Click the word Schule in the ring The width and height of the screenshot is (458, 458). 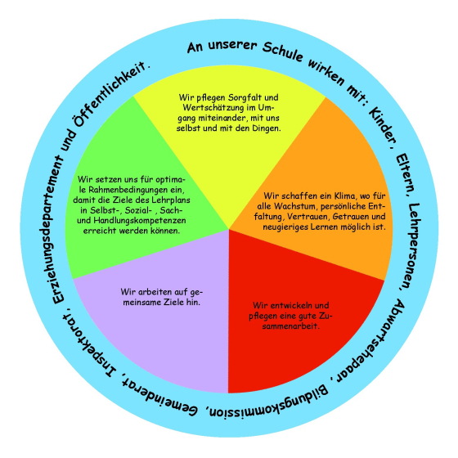coord(282,52)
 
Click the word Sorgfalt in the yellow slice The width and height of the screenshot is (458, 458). coord(245,97)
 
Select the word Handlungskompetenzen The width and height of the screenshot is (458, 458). coord(140,221)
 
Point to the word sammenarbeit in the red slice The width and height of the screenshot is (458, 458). coord(291,326)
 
